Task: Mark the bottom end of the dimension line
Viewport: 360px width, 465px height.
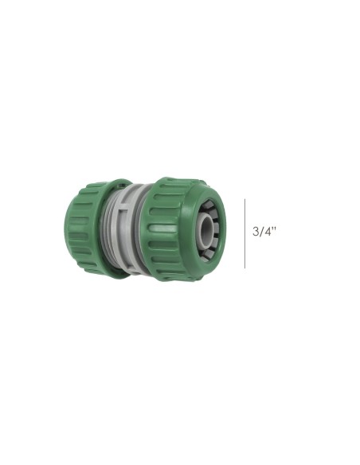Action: tap(245, 267)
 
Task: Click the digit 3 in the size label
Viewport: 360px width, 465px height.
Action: tap(256, 232)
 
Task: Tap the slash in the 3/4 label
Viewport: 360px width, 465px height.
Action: tap(261, 232)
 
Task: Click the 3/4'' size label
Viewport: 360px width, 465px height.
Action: tap(264, 232)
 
